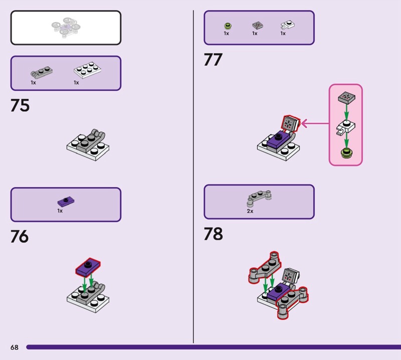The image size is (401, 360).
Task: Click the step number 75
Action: point(20,105)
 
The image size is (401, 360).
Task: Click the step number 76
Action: point(20,236)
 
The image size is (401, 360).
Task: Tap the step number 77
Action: point(213,60)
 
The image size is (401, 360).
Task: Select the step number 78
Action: point(214,234)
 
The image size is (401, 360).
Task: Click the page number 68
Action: point(15,347)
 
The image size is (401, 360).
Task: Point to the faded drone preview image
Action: point(66,28)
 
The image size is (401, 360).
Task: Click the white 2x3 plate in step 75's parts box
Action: point(87,70)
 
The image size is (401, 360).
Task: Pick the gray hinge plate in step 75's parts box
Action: point(42,72)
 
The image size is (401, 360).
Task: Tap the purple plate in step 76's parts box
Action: point(66,202)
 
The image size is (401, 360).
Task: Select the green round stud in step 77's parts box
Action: point(228,26)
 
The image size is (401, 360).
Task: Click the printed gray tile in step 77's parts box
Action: point(258,26)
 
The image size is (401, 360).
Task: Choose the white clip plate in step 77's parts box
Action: point(287,25)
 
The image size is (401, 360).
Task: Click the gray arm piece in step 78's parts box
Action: point(259,198)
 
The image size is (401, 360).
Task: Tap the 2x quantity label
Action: point(250,211)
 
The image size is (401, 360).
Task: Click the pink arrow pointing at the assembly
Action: point(315,123)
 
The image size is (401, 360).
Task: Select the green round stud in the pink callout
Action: point(346,153)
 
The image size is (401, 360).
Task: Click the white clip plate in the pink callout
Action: point(345,127)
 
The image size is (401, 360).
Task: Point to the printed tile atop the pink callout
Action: point(346,97)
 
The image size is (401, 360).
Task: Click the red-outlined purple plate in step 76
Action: point(88,267)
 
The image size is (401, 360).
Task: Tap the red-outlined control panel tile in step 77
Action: point(290,123)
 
